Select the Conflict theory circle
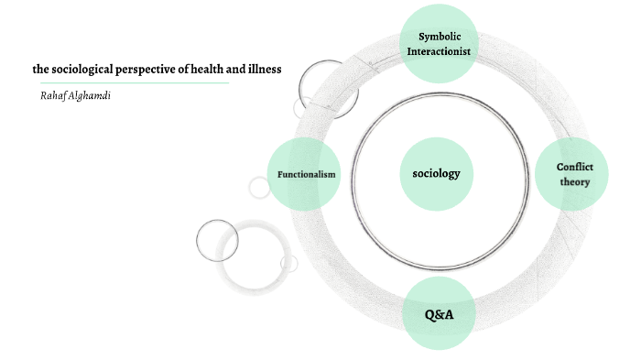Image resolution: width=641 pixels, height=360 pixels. point(574,174)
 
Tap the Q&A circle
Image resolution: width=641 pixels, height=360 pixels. point(440,314)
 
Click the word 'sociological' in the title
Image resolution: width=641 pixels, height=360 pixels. point(84,69)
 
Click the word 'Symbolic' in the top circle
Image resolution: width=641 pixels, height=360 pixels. point(440,37)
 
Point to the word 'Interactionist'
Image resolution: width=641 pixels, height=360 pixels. point(440,51)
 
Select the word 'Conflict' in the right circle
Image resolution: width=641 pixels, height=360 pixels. point(575,167)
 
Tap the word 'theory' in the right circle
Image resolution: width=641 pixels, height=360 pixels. point(575,181)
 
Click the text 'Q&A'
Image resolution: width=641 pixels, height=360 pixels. point(440,315)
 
